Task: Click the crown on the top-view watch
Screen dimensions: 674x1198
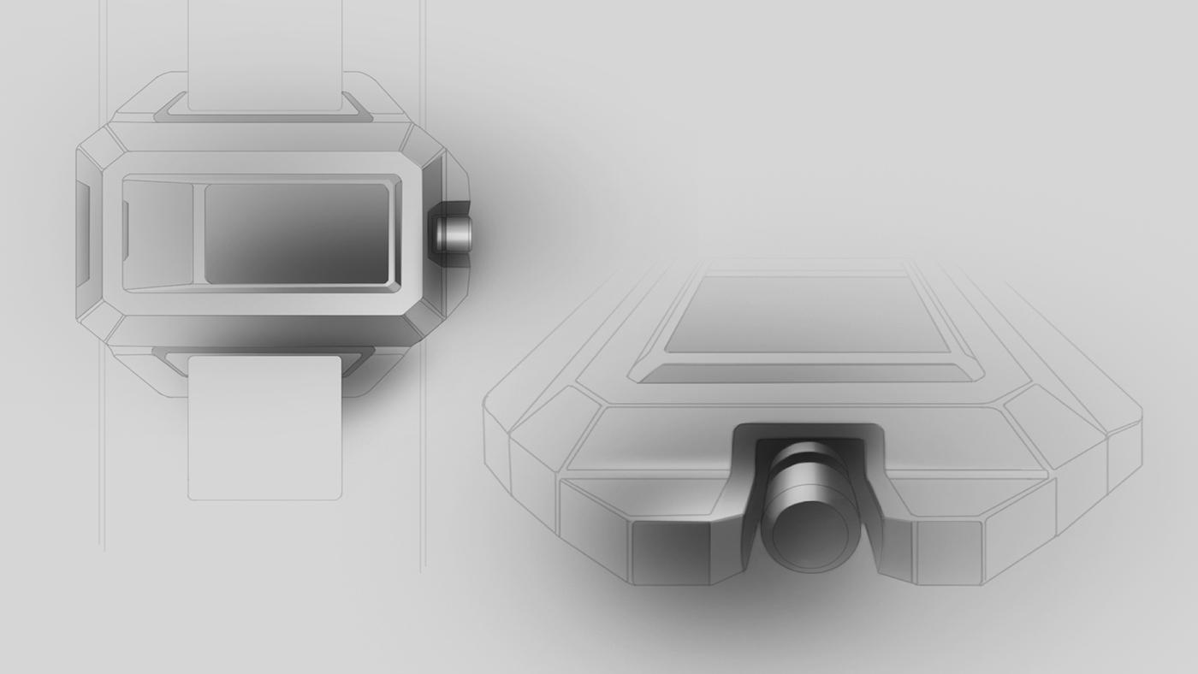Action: [x=451, y=234]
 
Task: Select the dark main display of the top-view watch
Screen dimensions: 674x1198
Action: [x=297, y=231]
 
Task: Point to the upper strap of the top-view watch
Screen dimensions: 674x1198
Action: [x=265, y=53]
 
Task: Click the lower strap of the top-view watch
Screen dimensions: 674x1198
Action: [x=264, y=428]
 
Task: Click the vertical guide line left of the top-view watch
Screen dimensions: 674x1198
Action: [x=102, y=479]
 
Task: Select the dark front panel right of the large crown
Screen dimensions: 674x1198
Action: [x=948, y=552]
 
